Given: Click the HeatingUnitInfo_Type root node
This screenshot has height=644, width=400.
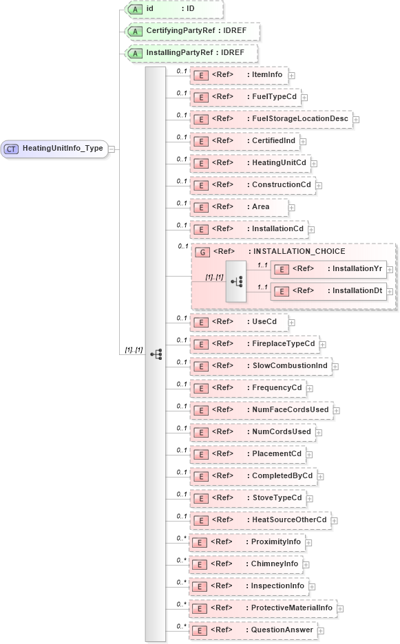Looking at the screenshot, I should tap(55, 148).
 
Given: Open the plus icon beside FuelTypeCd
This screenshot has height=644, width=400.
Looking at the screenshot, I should tap(304, 97).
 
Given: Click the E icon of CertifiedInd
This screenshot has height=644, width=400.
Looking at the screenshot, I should tap(200, 141).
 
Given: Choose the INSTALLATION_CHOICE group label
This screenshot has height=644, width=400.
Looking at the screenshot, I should tap(299, 251).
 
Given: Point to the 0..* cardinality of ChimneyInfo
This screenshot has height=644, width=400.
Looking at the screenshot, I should tap(181, 560).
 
